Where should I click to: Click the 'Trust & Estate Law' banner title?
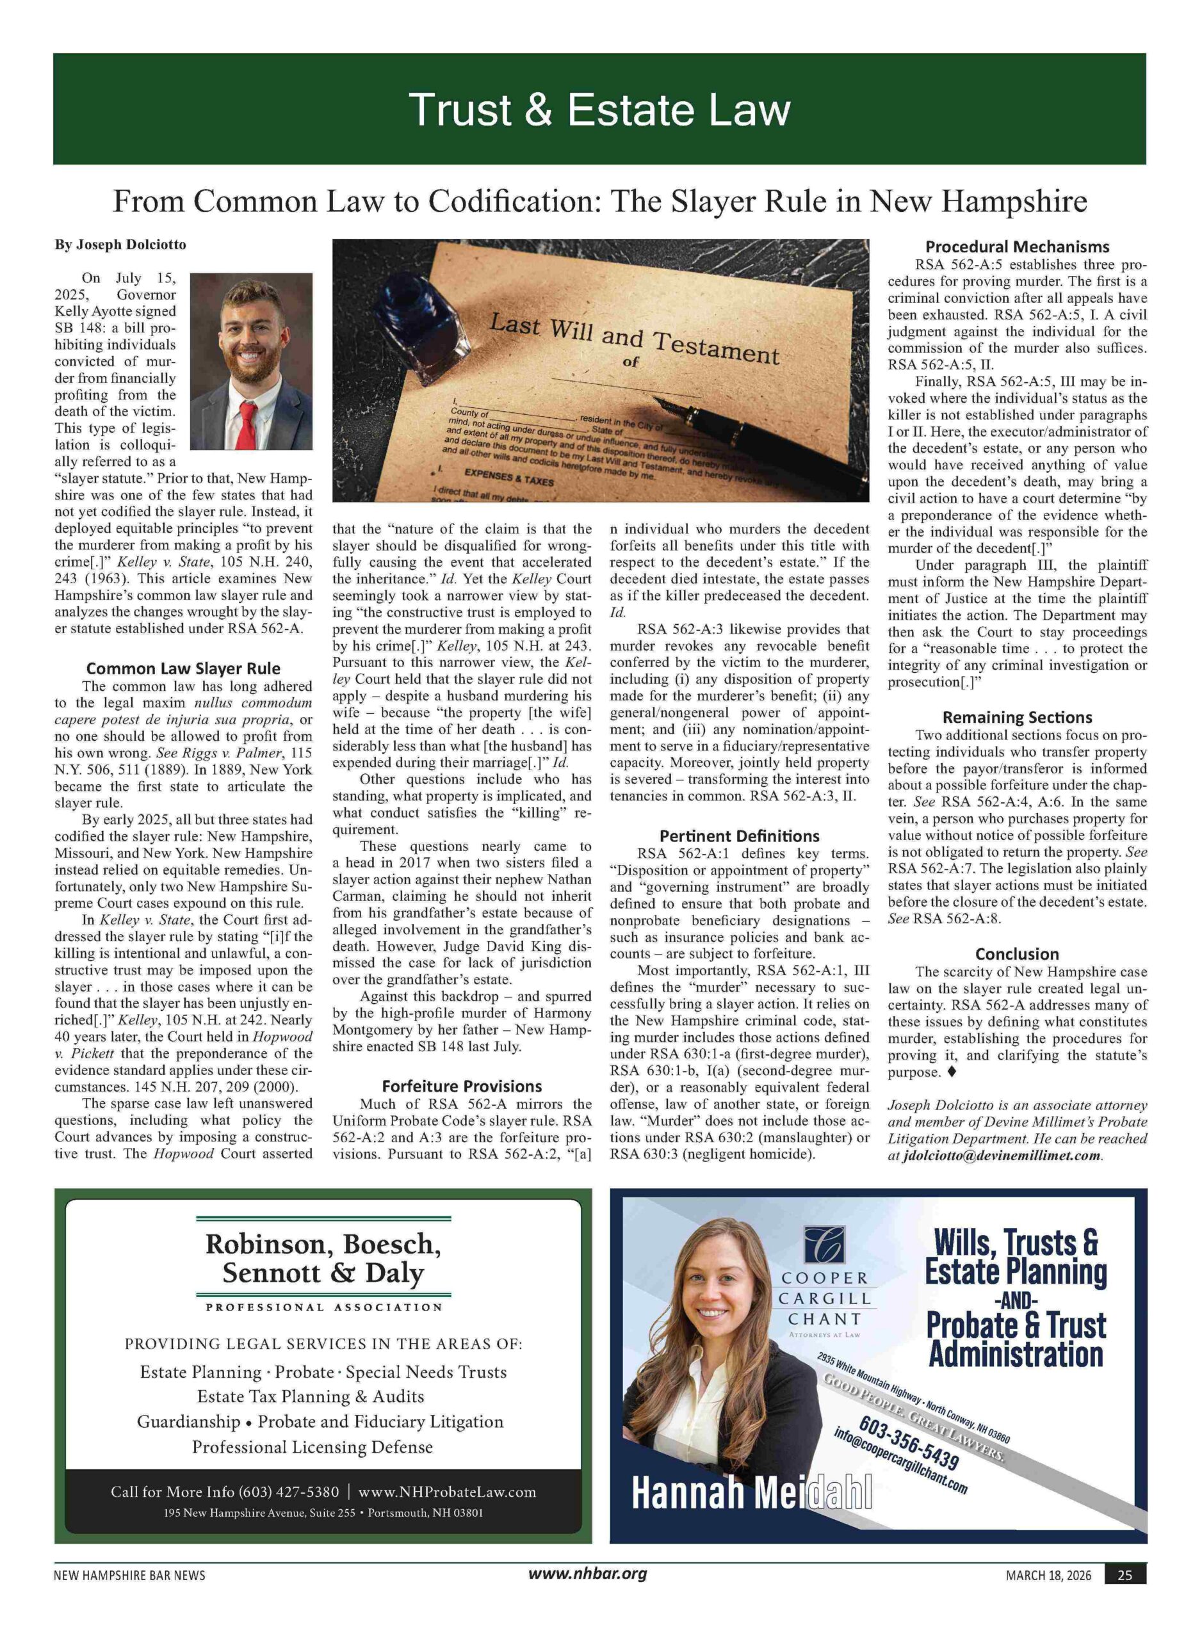point(599,110)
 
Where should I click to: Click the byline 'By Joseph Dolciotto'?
point(120,245)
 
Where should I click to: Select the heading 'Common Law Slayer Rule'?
point(183,668)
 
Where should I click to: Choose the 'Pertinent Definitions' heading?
point(738,836)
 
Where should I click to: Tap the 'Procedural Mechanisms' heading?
point(1016,246)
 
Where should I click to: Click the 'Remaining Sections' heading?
point(1016,717)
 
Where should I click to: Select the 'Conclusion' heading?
point(1016,954)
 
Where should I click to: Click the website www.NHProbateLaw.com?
point(447,1492)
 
